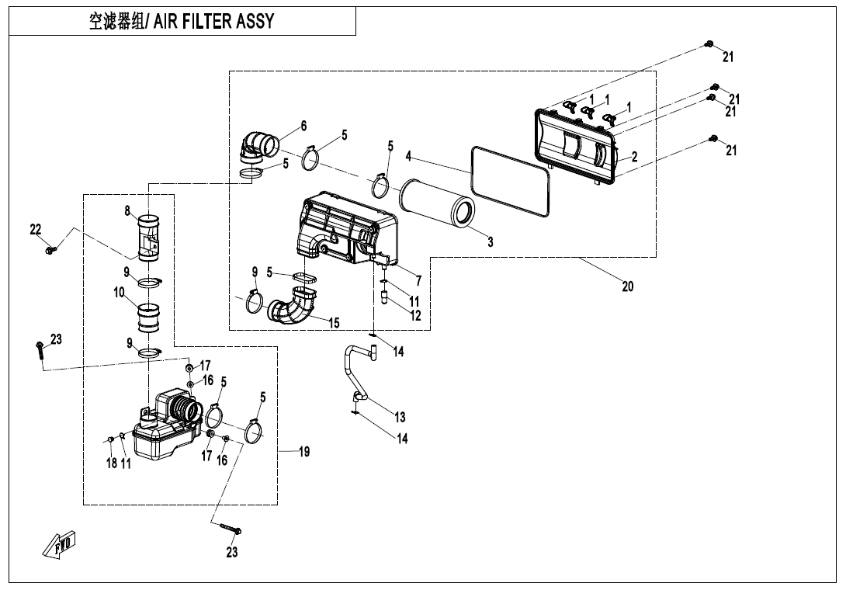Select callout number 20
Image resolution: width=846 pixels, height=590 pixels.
pyautogui.click(x=628, y=286)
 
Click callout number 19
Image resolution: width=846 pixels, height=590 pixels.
pyautogui.click(x=304, y=452)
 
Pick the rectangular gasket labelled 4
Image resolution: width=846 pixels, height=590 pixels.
pyautogui.click(x=511, y=182)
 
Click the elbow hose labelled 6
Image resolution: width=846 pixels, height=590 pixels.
pyautogui.click(x=259, y=144)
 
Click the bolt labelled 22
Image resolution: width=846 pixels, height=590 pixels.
pyautogui.click(x=50, y=250)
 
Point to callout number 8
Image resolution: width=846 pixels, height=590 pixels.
pyautogui.click(x=127, y=210)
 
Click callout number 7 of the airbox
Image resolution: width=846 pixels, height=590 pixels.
pyautogui.click(x=418, y=280)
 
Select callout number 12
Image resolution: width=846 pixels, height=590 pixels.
pyautogui.click(x=416, y=316)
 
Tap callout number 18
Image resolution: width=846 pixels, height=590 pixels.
pyautogui.click(x=111, y=463)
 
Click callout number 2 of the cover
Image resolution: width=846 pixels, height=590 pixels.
pyautogui.click(x=635, y=156)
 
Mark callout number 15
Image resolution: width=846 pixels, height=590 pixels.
pyautogui.click(x=334, y=321)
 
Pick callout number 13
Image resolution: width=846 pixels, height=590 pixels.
pyautogui.click(x=400, y=417)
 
